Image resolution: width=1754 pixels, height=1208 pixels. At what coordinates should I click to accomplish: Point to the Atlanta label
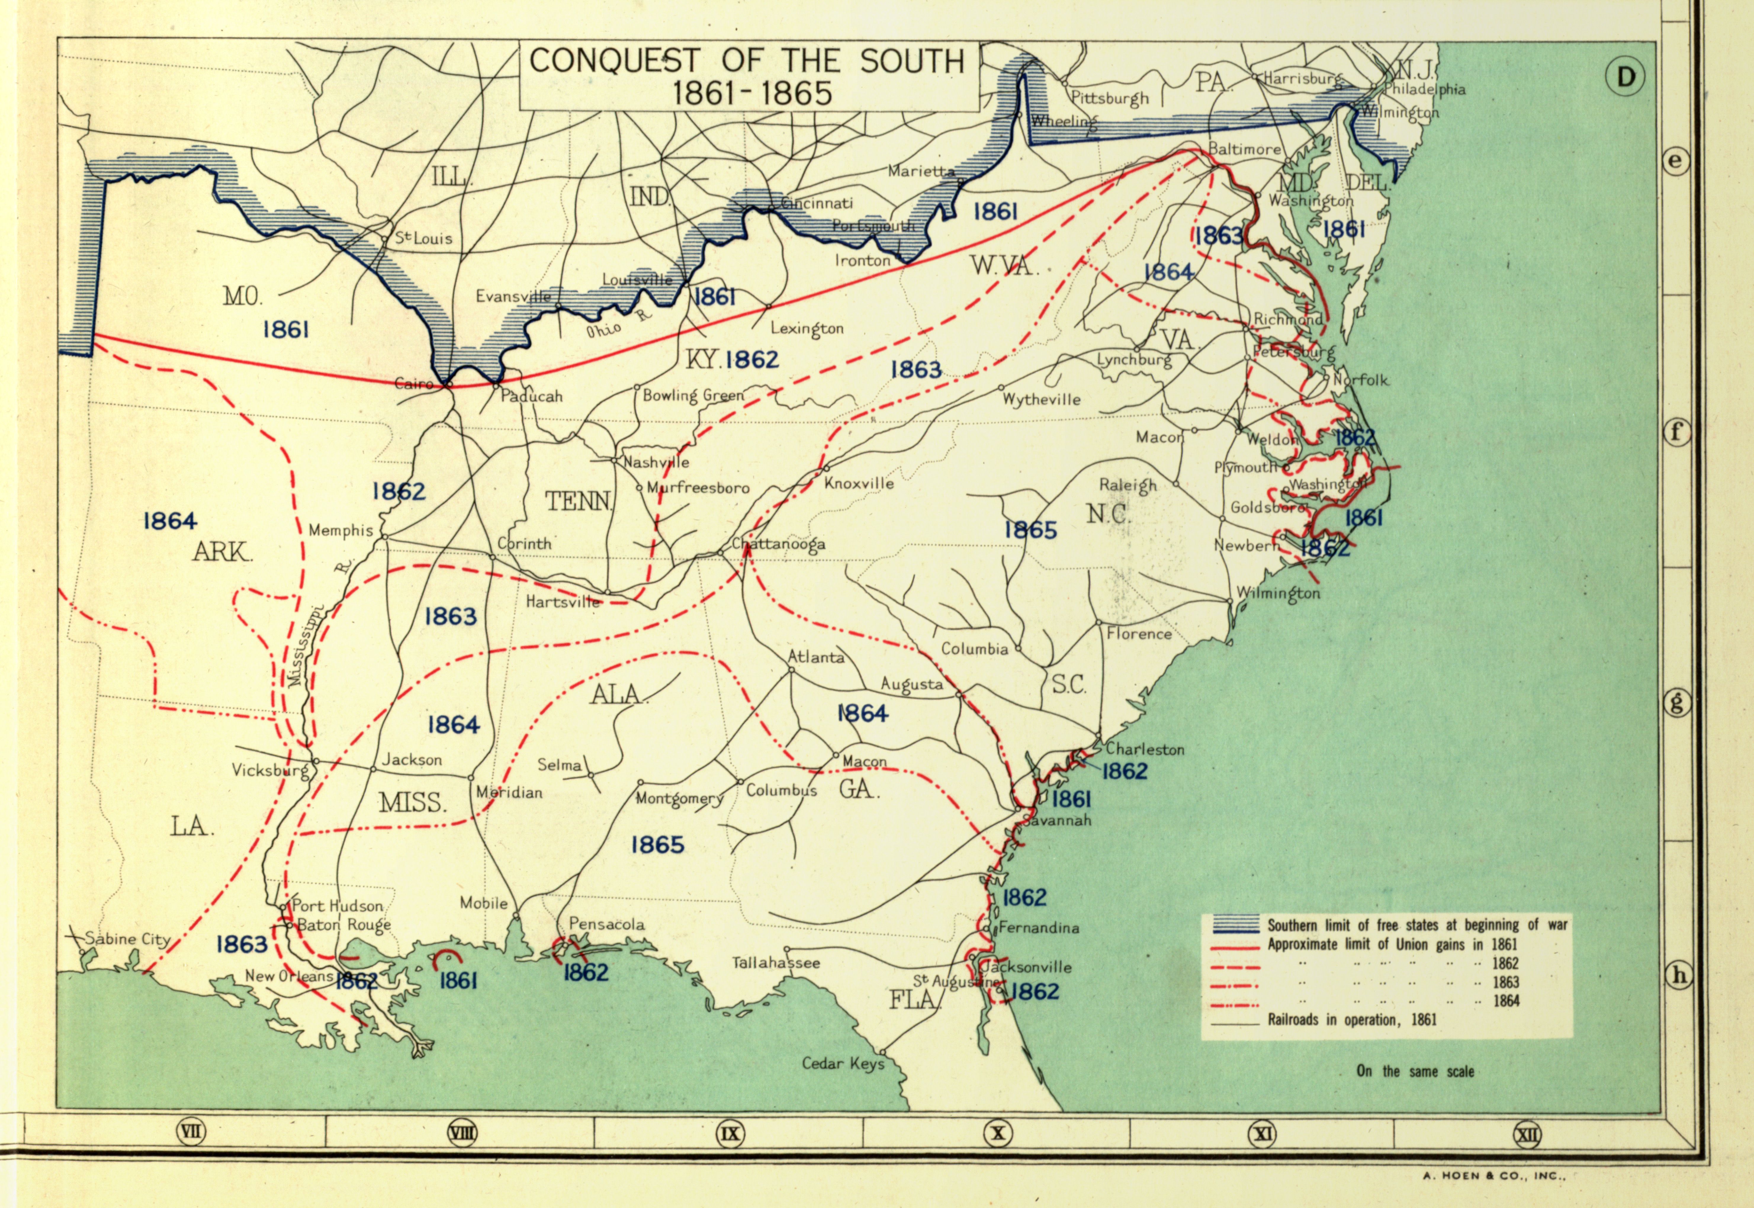tap(816, 657)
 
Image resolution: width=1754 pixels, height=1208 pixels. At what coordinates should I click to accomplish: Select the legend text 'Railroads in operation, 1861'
tap(1351, 1019)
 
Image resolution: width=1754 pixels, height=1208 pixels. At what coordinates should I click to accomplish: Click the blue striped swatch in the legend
tap(1231, 925)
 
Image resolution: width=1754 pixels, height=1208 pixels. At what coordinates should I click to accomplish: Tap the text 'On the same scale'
tap(1415, 1071)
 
